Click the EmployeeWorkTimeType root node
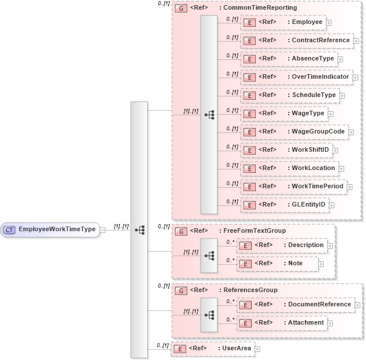(x=50, y=229)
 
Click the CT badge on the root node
(x=10, y=229)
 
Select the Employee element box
(x=283, y=22)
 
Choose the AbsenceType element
(x=288, y=59)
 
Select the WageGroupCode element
(x=293, y=132)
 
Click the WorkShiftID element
(x=286, y=150)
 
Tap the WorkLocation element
(x=289, y=168)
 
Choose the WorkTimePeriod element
(x=293, y=187)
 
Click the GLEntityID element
(x=284, y=205)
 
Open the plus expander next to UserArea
(x=258, y=349)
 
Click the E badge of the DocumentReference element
(x=245, y=305)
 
